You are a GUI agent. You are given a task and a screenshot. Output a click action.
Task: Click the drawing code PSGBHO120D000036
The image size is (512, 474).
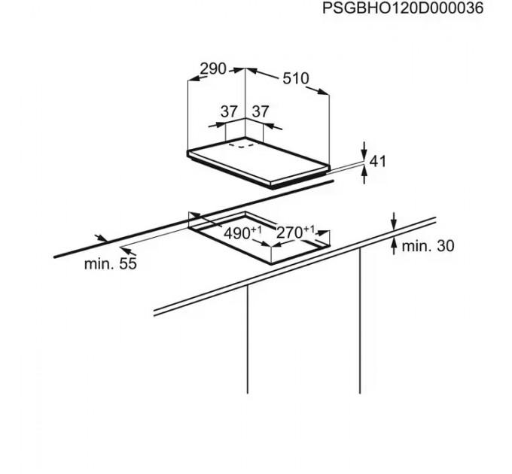[x=402, y=9]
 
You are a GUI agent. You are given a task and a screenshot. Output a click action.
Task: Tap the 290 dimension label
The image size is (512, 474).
[x=213, y=69]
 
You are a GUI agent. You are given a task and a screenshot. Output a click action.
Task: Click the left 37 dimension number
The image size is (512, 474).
[x=229, y=111]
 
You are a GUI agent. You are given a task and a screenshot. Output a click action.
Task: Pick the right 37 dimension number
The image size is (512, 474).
[x=260, y=111]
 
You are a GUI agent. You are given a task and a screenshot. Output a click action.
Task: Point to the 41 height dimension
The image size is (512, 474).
[x=378, y=160]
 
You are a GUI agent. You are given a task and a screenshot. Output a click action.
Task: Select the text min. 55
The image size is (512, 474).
[x=109, y=264]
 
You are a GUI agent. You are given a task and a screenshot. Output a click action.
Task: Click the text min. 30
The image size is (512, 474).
[x=427, y=245]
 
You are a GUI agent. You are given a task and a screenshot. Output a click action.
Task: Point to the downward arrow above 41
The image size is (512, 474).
[x=364, y=149]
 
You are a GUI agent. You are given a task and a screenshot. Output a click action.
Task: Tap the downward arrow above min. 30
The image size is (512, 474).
[x=394, y=222]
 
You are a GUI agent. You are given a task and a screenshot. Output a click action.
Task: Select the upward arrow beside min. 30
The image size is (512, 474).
[x=394, y=247]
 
